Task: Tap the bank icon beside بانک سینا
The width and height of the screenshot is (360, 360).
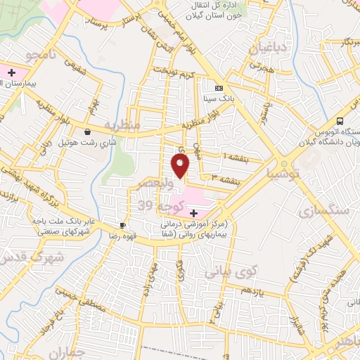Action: point(219,88)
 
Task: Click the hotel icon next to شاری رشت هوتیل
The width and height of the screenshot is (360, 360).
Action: point(86,131)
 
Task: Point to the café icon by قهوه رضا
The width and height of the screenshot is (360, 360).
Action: point(124,225)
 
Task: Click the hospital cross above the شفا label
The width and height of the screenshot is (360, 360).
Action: point(194,212)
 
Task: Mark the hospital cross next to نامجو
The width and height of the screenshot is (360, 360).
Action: point(12,72)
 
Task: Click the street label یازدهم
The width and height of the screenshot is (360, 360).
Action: point(250,290)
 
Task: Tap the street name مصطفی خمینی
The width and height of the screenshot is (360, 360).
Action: point(70,302)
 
